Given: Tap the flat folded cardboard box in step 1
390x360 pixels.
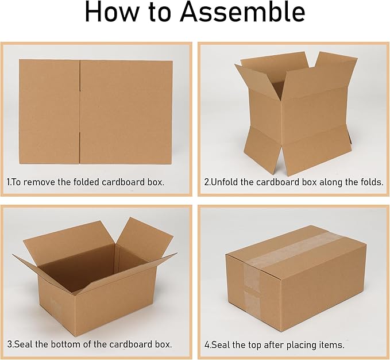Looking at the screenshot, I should [95, 112].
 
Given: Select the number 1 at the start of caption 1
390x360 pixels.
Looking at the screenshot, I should [9, 182].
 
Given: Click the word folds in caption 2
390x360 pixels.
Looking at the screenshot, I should [369, 182].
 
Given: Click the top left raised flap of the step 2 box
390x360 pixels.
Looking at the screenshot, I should [253, 75].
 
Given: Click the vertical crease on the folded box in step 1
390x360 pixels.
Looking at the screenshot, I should [80, 112].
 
